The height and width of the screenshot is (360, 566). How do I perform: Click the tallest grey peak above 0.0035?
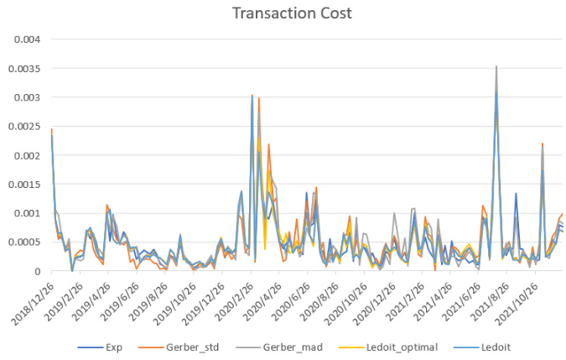point(496,66)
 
